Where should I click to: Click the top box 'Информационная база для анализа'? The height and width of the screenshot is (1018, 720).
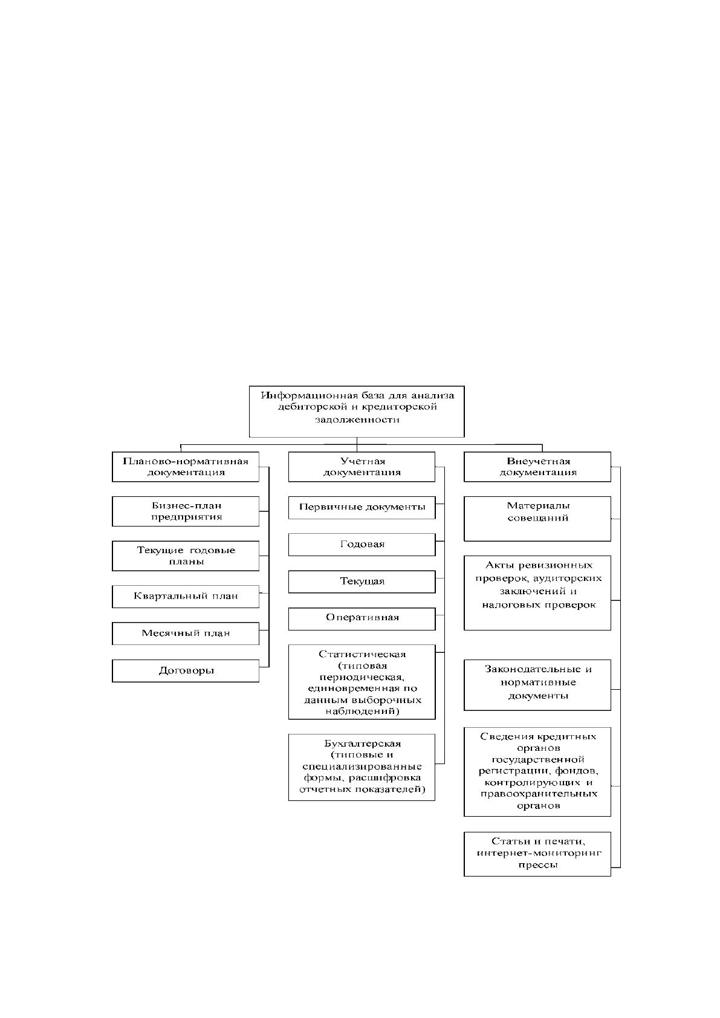point(356,411)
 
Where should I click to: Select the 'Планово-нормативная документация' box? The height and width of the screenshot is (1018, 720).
point(186,466)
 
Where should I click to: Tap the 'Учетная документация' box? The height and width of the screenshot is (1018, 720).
point(362,466)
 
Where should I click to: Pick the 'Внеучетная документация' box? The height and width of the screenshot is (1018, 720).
point(537,466)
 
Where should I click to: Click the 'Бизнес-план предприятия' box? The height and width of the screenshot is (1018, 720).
point(186,511)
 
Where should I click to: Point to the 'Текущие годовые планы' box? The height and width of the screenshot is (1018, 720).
point(186,556)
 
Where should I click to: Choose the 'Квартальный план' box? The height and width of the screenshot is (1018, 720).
point(186,597)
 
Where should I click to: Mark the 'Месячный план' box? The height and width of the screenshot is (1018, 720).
point(186,634)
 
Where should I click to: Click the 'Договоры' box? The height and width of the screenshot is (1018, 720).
point(186,671)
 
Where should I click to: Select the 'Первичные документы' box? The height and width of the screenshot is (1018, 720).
point(362,508)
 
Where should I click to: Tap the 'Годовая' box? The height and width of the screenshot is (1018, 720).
point(362,545)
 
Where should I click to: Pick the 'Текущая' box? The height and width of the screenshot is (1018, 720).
point(362,582)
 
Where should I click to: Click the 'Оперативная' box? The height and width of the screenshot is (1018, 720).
point(362,619)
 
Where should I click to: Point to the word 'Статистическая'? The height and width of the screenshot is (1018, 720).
point(362,655)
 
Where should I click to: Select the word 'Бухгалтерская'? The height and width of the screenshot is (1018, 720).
point(362,744)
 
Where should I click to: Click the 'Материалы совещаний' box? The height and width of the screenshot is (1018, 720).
point(537,519)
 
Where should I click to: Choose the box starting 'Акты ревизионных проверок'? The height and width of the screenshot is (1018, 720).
point(537,592)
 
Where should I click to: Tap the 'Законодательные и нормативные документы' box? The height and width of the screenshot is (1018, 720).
point(537,685)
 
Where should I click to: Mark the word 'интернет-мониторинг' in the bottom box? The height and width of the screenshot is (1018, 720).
point(539,853)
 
